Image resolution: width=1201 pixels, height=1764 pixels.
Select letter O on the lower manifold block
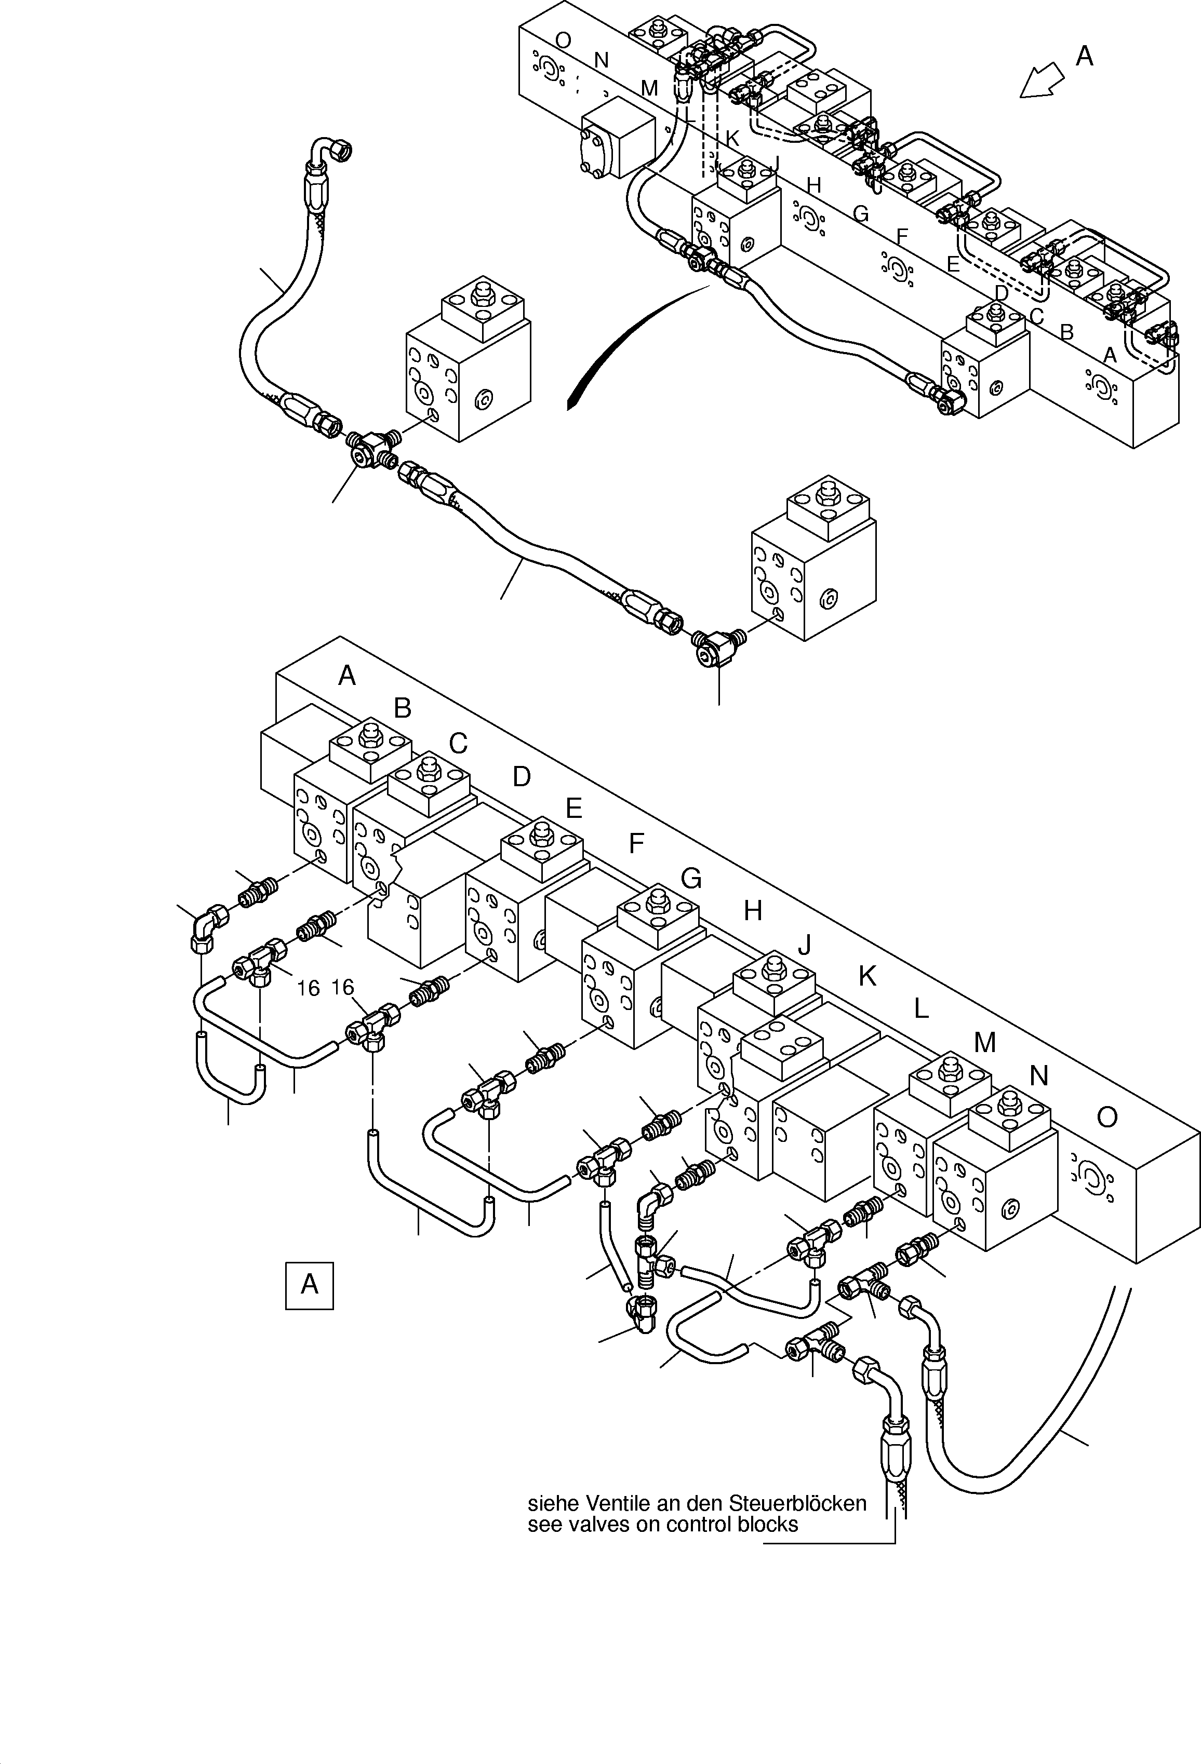[1107, 1117]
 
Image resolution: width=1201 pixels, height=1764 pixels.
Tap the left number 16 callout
[308, 988]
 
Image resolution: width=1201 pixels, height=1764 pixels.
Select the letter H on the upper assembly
[814, 185]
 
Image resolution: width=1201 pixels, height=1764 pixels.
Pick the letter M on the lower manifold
[984, 1043]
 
